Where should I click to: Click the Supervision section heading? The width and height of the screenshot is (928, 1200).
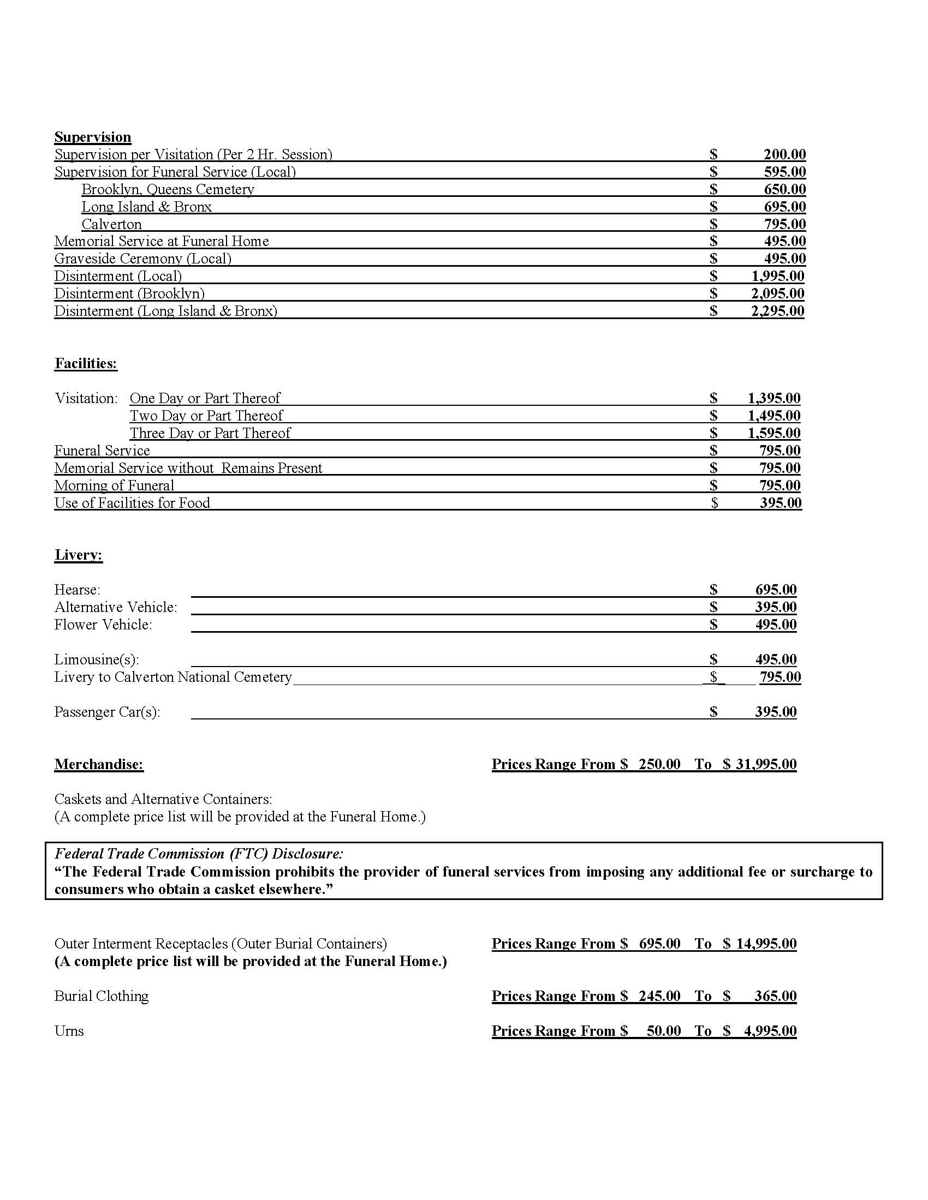pos(92,137)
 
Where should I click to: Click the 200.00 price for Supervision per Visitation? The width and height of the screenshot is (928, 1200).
pos(784,154)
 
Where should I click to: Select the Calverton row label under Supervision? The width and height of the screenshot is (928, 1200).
pos(111,224)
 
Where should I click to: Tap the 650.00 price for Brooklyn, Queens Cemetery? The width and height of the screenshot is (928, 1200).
pos(784,190)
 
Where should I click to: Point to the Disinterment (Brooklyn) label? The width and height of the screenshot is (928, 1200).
pos(129,293)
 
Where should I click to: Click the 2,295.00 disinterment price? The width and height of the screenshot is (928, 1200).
pos(777,311)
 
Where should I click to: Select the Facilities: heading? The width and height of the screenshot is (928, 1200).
pos(86,363)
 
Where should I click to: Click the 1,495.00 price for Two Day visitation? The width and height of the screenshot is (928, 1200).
pos(774,416)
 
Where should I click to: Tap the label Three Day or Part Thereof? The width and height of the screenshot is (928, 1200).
pos(210,433)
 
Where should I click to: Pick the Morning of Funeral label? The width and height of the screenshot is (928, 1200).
pos(114,485)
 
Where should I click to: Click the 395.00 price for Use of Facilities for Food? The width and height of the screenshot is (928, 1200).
pos(781,503)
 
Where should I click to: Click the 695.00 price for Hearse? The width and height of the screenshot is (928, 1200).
pos(776,590)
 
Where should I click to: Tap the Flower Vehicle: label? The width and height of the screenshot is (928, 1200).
pos(103,625)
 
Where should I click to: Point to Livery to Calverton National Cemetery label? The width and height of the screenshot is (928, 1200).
pos(172,677)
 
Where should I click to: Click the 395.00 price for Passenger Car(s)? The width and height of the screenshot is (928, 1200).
pos(776,711)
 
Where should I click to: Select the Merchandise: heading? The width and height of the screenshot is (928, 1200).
pos(99,764)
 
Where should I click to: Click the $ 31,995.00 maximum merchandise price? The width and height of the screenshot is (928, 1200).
pos(760,764)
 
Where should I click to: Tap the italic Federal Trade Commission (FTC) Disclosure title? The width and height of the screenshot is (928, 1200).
pos(199,853)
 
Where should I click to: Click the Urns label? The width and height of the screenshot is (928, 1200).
pos(69,1030)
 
